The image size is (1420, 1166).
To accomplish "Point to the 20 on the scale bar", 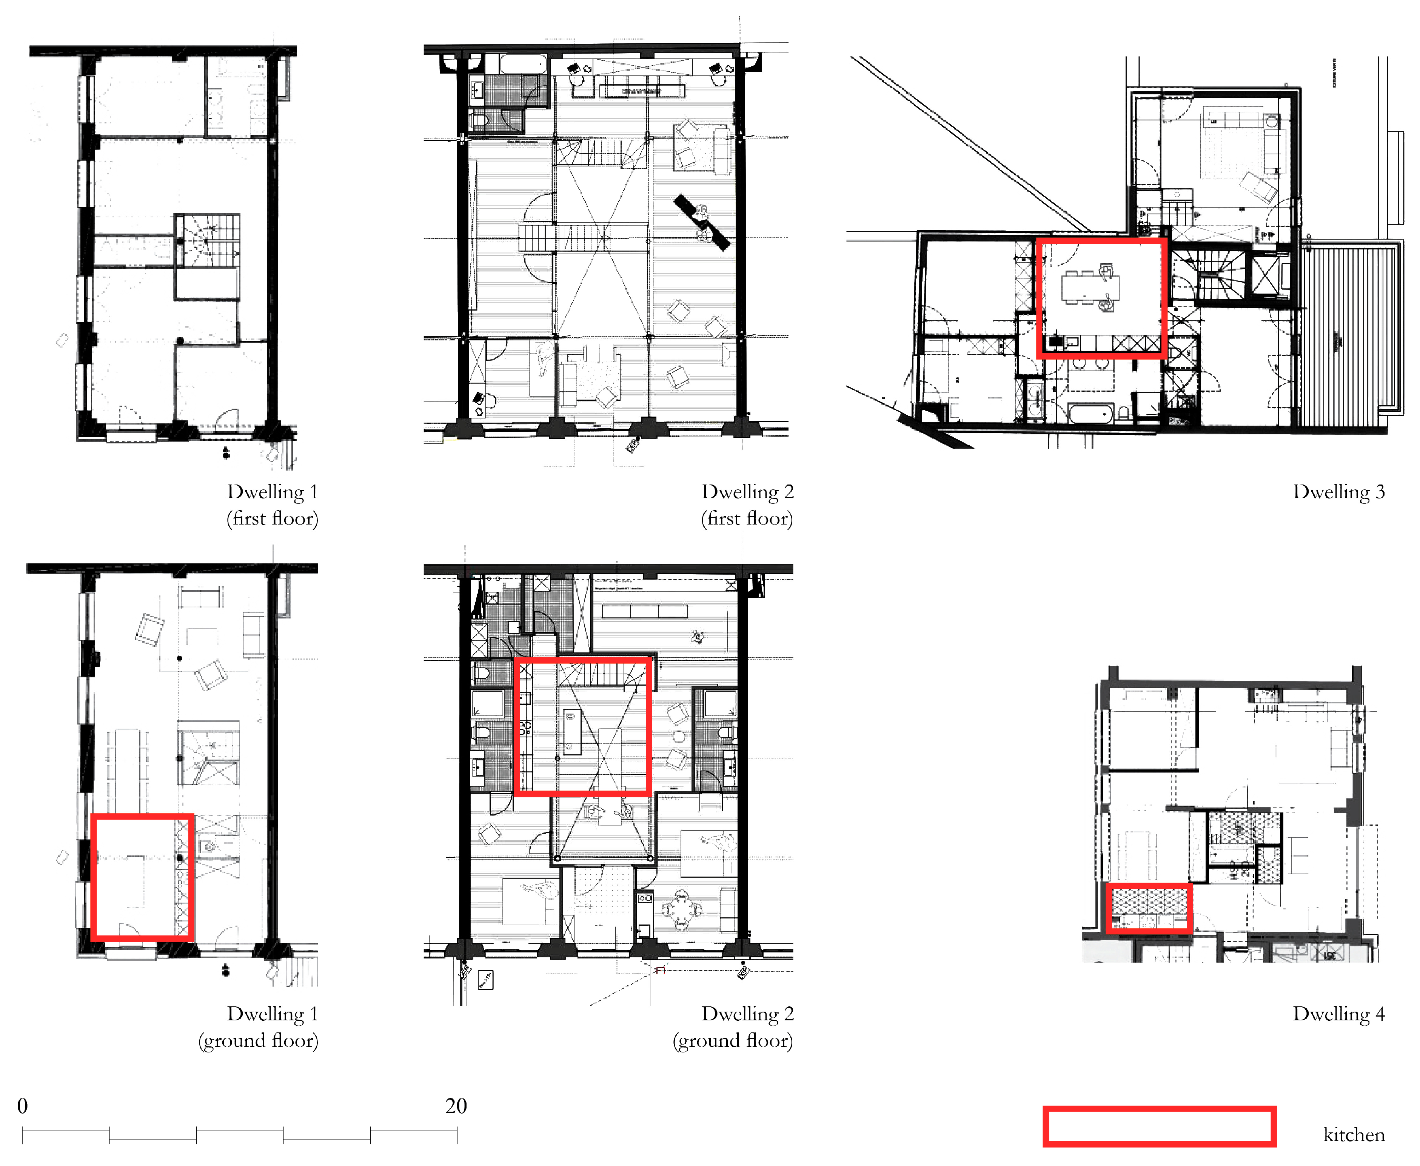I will [x=456, y=1106].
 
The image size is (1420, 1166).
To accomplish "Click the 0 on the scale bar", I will [x=22, y=1106].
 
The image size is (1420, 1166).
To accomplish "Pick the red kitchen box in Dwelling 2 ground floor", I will [x=582, y=727].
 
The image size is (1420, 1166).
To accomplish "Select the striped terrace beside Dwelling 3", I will [x=1350, y=336].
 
